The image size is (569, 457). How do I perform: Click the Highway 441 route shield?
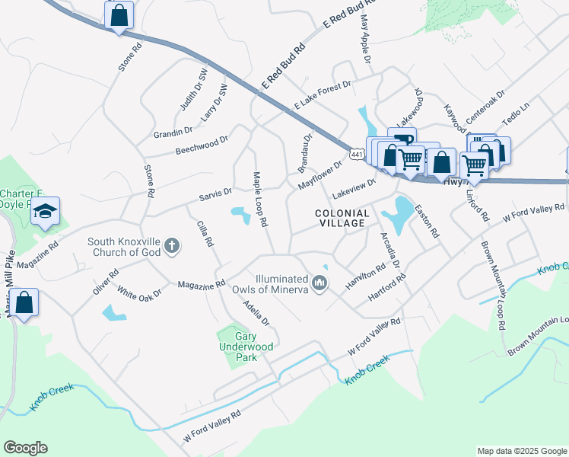355,155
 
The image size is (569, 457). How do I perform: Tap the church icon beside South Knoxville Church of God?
173,245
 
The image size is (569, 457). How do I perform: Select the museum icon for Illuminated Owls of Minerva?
320,284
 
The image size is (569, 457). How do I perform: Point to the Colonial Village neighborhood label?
342,219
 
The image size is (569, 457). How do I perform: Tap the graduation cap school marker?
45,211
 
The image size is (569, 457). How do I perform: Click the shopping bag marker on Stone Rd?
119,14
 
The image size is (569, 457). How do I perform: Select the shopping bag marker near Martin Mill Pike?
24,303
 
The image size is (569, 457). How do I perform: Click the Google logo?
25,447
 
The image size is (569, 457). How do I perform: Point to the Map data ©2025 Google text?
521,451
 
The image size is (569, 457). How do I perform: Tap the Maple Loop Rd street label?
260,200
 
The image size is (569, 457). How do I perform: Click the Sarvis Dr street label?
215,193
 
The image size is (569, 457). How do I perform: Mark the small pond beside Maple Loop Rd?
242,216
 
